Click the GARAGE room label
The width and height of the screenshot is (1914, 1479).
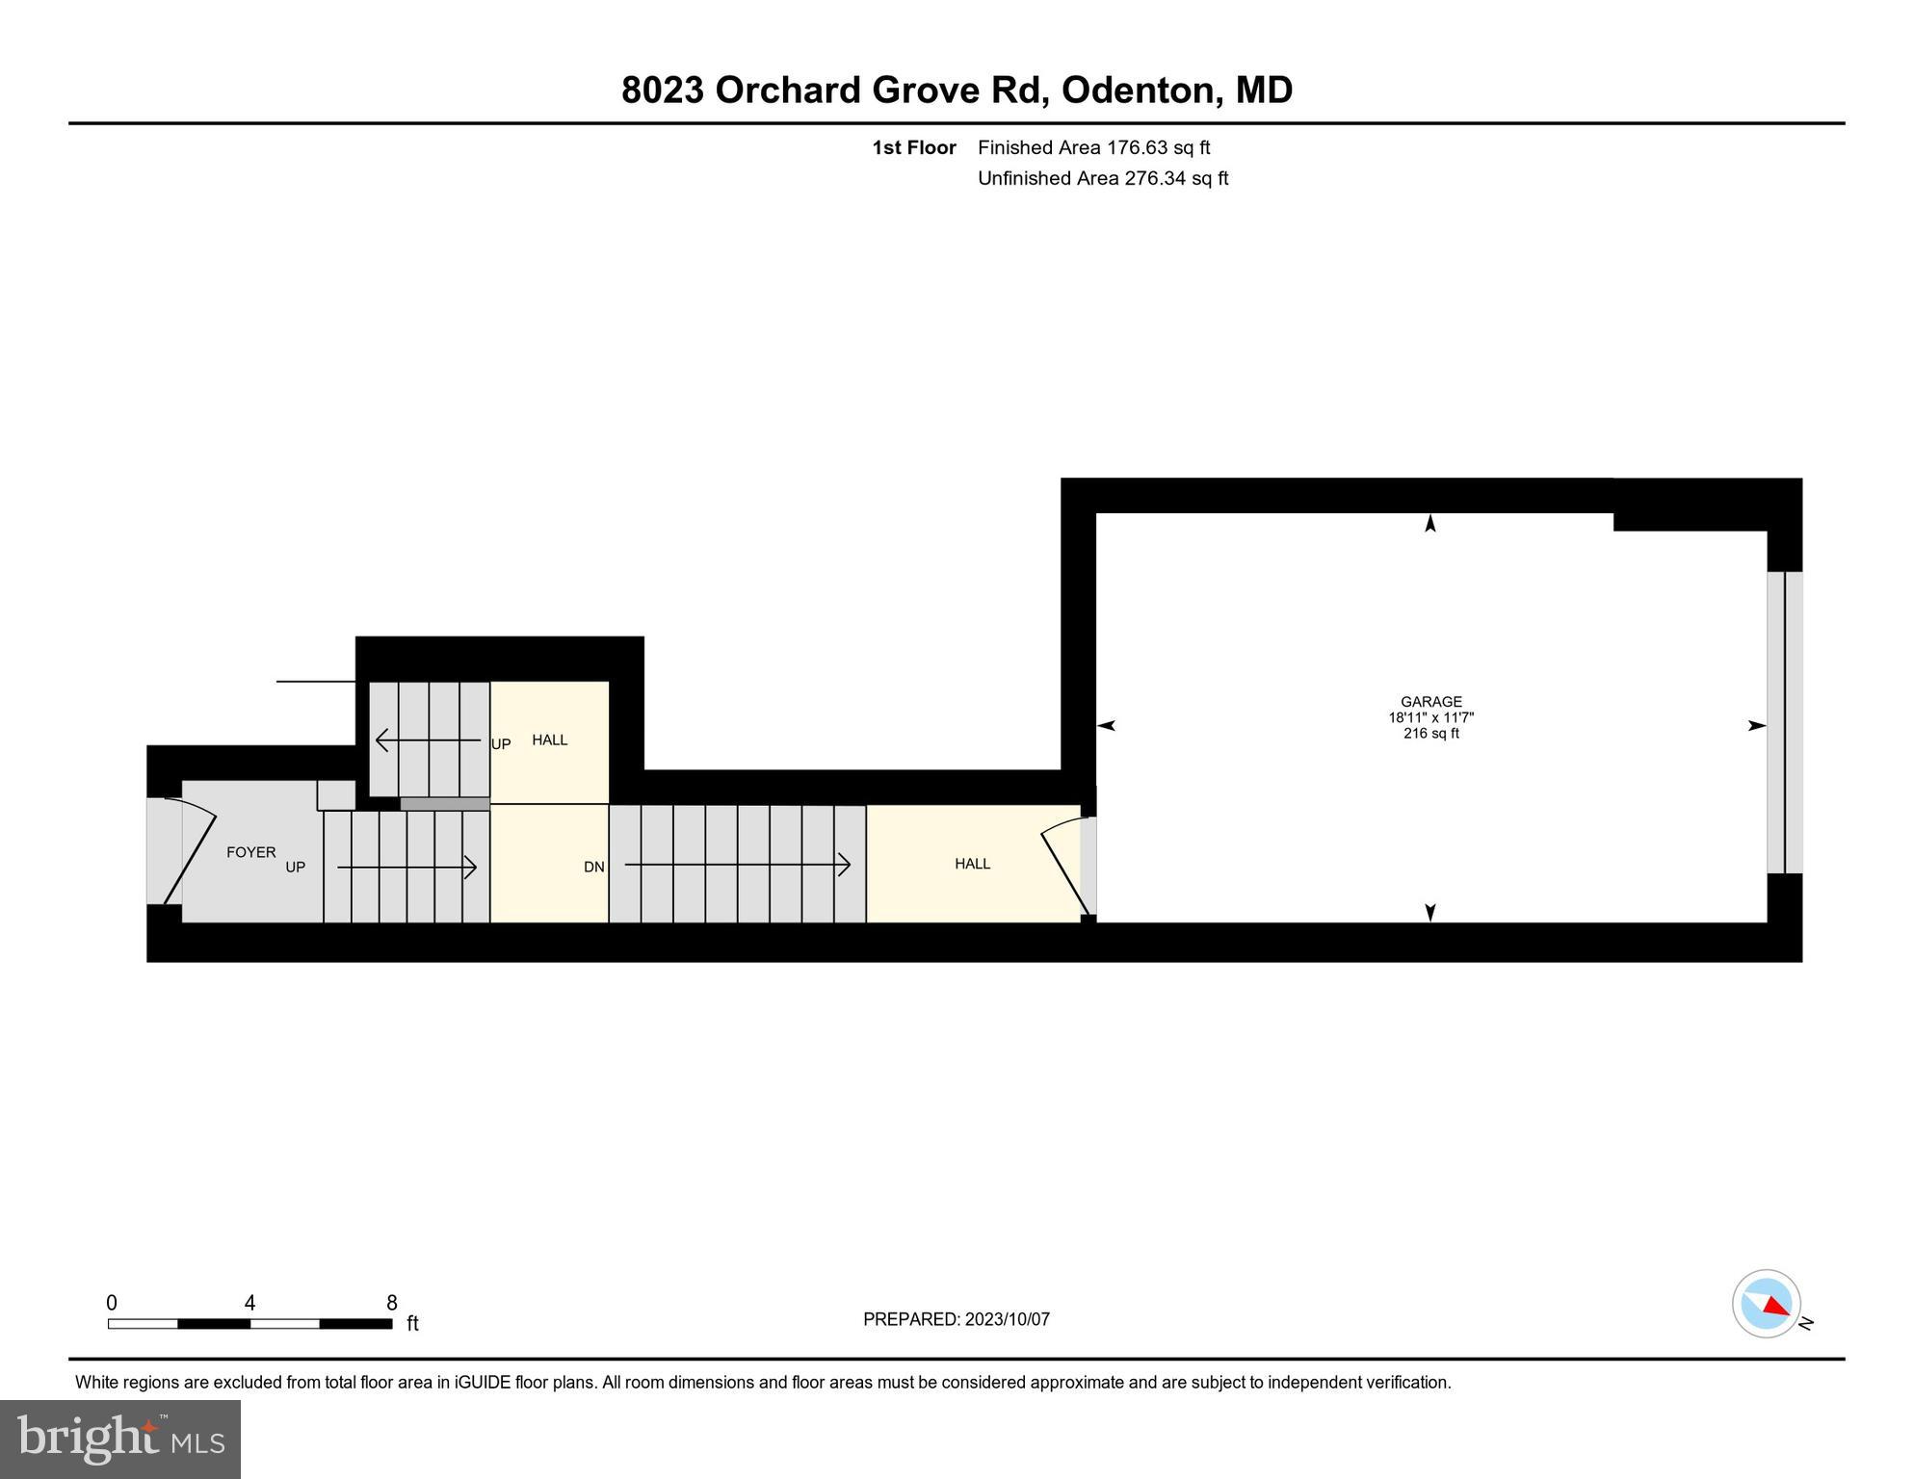[1430, 702]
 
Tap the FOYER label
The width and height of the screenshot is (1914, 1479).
[250, 852]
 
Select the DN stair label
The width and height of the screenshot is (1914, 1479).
[593, 867]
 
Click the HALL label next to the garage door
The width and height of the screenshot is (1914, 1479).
[972, 864]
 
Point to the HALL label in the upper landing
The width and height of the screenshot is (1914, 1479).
[549, 739]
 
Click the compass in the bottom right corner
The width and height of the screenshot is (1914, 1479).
[1766, 1304]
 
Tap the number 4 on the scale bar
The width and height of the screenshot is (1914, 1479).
[249, 1303]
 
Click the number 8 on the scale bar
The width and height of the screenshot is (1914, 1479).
[391, 1303]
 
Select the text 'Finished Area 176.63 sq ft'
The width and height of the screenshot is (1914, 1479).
[1093, 147]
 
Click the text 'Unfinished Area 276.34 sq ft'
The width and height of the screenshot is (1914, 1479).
[1102, 178]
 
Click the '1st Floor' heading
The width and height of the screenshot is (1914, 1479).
[913, 147]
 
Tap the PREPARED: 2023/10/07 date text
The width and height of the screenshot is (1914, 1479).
[956, 1319]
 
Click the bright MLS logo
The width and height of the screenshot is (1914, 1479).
[120, 1439]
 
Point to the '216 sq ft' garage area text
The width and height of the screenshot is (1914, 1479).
[1430, 734]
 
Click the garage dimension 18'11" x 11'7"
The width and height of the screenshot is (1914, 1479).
[1430, 718]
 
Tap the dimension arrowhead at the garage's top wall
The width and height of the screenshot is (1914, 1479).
[1429, 523]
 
